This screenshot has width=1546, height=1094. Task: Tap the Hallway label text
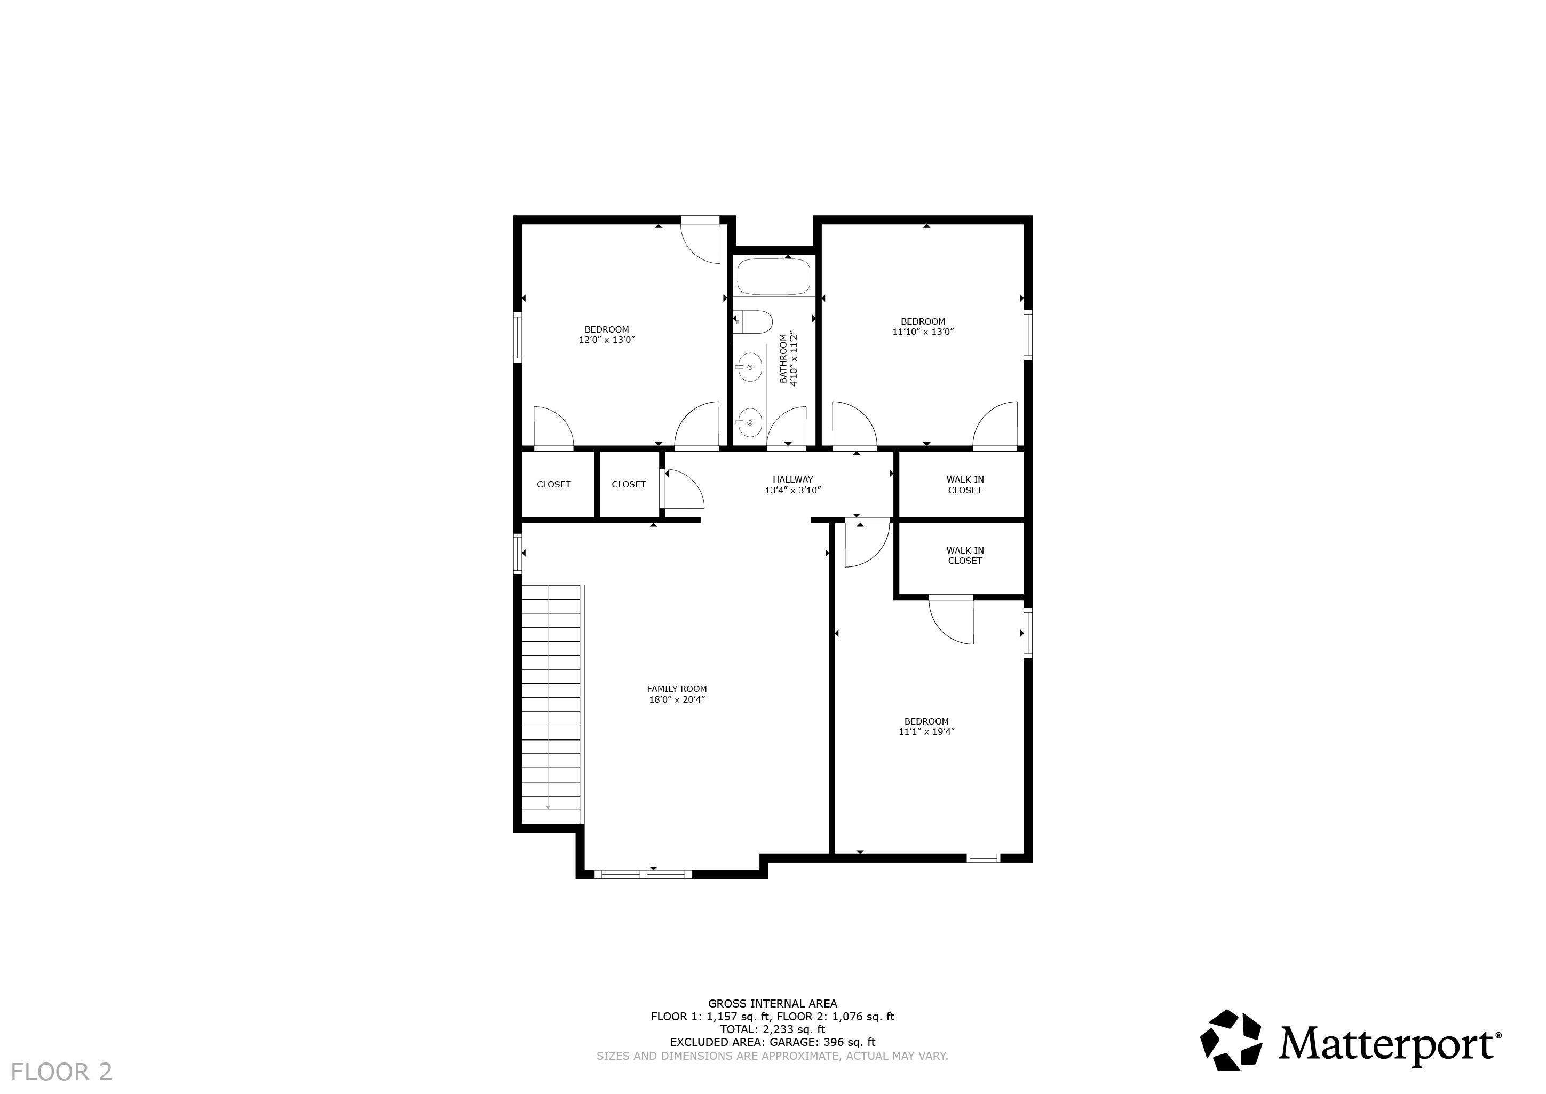click(792, 479)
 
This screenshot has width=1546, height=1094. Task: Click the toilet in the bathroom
click(752, 322)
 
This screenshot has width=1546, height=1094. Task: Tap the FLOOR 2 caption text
click(61, 1071)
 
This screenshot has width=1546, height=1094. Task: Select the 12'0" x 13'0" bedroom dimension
click(607, 340)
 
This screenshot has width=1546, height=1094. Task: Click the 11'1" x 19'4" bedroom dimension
click(926, 731)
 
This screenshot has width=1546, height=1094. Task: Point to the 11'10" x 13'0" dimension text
click(923, 332)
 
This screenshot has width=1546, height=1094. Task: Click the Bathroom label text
click(783, 359)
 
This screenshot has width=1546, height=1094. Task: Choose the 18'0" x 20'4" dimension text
click(677, 699)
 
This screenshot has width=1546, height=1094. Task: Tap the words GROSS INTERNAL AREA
click(772, 1003)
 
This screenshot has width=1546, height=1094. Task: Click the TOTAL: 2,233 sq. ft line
click(772, 1029)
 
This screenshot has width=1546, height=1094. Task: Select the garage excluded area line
click(772, 1042)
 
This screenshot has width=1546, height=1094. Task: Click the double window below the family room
click(643, 875)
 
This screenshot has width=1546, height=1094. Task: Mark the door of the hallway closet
click(683, 489)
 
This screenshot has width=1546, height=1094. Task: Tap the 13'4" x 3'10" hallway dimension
click(792, 491)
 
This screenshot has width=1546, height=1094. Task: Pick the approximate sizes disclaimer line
click(772, 1056)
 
